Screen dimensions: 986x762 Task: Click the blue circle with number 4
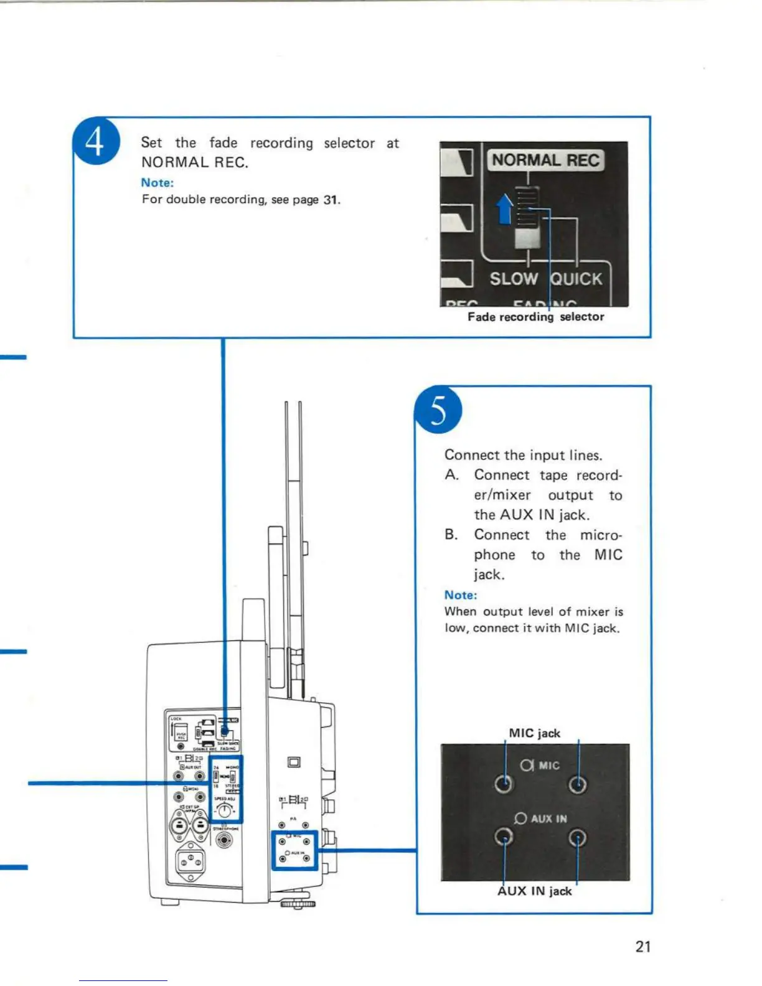(x=96, y=141)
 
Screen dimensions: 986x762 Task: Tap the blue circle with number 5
(x=438, y=410)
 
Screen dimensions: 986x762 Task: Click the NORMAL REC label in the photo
(x=545, y=161)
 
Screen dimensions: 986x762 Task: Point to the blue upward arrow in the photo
(x=505, y=208)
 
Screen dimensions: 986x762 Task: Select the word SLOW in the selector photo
(x=513, y=279)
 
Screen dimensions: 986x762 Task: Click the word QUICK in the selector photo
(x=577, y=279)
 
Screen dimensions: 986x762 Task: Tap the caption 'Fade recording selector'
(x=535, y=317)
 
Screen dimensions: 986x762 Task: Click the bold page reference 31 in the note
(x=331, y=200)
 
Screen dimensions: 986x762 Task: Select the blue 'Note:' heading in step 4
(x=157, y=182)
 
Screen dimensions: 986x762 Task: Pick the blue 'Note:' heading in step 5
(x=461, y=595)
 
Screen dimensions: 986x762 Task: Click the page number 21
(x=643, y=947)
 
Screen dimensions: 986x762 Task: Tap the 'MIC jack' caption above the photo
(x=534, y=733)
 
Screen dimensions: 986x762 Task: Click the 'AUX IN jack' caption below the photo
(x=534, y=891)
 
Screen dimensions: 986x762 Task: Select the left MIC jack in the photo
(x=504, y=784)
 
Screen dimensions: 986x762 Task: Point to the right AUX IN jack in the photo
(x=578, y=838)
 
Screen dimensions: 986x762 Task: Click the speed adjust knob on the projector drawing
(x=224, y=810)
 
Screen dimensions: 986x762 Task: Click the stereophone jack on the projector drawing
(x=224, y=840)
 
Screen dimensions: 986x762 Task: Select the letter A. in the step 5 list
(x=453, y=476)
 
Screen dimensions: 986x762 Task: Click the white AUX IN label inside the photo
(x=548, y=819)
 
